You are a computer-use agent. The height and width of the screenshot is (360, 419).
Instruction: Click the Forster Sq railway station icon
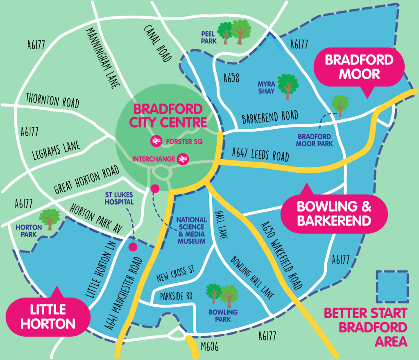(156, 141)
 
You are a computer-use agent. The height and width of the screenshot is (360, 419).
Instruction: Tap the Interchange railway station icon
(183, 159)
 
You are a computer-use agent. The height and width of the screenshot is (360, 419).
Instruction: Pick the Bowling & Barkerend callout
(334, 213)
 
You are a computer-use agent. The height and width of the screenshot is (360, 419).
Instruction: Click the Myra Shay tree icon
(288, 86)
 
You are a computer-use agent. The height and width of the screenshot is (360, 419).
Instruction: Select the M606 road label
(210, 347)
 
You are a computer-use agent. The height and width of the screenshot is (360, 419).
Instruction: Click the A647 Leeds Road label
(260, 154)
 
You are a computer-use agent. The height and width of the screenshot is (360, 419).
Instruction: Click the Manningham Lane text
(102, 57)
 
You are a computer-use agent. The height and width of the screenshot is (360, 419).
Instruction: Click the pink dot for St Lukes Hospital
(133, 247)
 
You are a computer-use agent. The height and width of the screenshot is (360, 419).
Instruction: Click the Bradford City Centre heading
(168, 116)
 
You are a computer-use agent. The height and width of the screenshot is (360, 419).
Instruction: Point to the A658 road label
(231, 78)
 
